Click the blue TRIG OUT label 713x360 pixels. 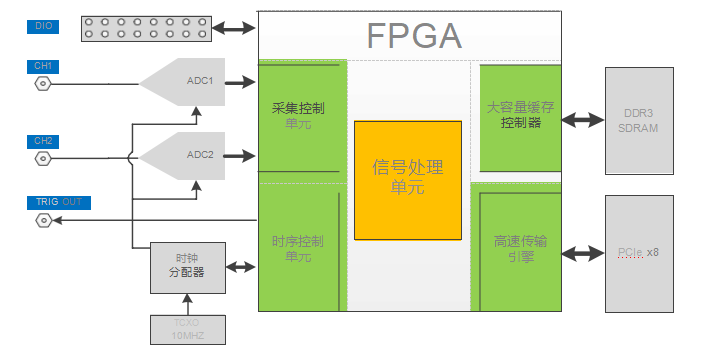(x=59, y=202)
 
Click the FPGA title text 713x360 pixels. (x=414, y=36)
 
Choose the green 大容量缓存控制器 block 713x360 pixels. (x=520, y=116)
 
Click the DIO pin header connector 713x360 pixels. (x=144, y=27)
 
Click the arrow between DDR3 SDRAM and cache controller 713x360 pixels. (x=583, y=121)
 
